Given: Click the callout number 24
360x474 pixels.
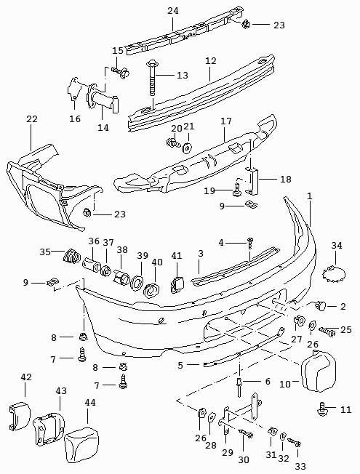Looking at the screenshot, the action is pos(173,11).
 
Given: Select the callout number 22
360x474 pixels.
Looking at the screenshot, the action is pos(32,118).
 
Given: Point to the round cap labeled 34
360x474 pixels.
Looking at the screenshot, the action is pos(334,273).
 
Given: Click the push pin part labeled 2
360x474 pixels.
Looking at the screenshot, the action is pos(320,305).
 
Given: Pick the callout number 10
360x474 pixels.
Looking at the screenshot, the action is pos(284,385).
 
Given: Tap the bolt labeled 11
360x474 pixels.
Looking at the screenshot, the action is pos(321,409).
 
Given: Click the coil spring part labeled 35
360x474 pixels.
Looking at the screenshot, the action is pos(72,257).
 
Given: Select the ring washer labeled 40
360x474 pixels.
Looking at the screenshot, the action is pos(152,290).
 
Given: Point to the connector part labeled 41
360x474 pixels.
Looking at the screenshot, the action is pos(177,284).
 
